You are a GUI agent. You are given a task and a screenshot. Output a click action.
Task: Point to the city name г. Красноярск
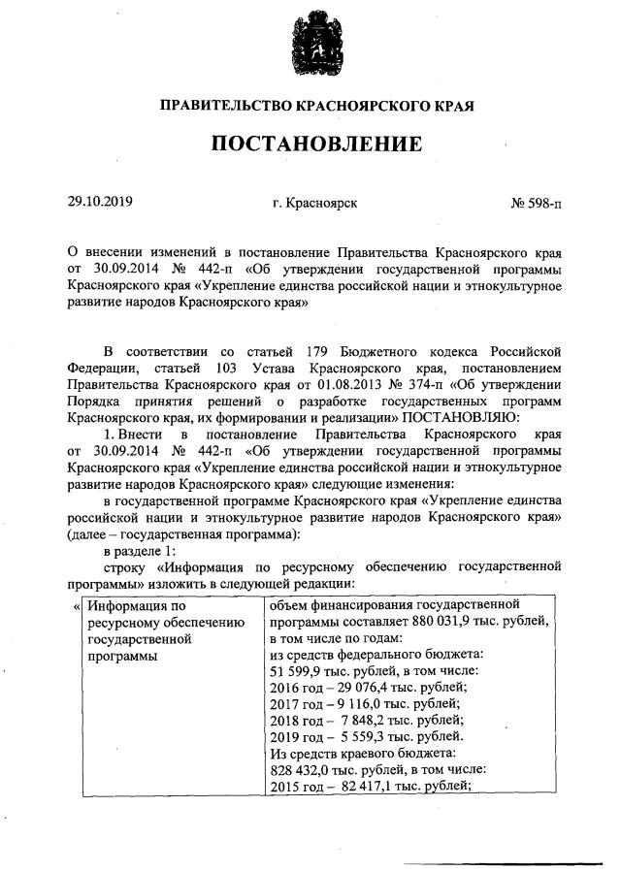pos(315,204)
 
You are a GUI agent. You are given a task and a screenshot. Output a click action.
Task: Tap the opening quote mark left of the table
pos(77,606)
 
